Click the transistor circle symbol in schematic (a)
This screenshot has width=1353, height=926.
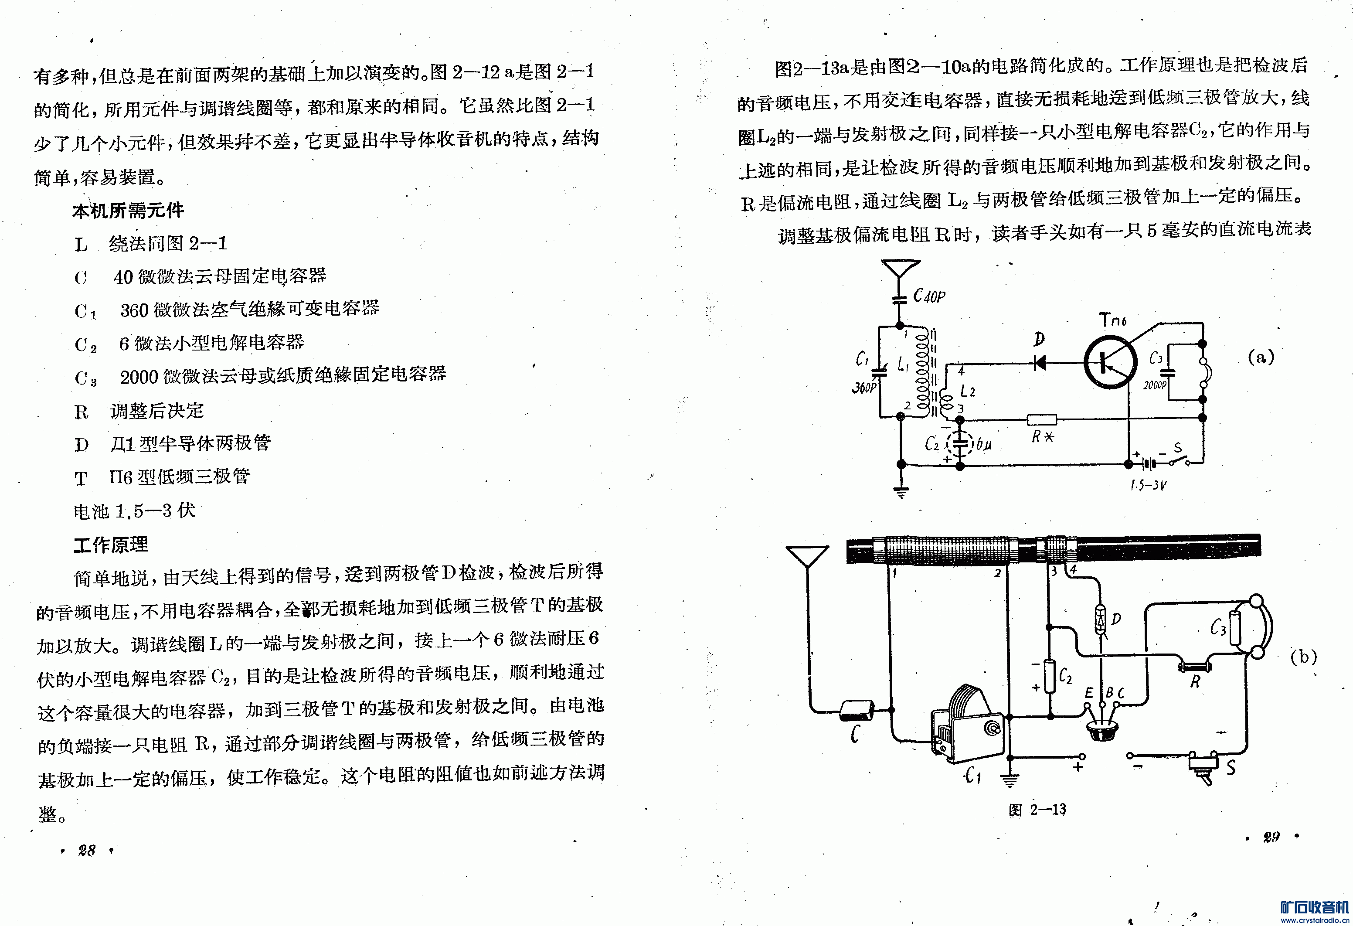pos(1110,362)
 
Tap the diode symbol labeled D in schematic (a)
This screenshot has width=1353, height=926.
pos(1039,363)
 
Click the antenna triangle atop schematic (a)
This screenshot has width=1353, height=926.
pos(900,270)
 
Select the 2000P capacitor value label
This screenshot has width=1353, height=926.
pos(1155,385)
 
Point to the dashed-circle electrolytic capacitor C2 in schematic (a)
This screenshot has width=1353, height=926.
pos(960,444)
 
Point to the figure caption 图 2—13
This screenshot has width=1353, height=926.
pos(1037,810)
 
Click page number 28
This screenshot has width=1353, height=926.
pos(87,850)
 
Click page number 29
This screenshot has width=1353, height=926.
pos(1271,837)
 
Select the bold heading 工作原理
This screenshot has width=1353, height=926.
pos(111,545)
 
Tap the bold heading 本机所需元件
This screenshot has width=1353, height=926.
pos(128,210)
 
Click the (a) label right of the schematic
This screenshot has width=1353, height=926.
pos(1261,357)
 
